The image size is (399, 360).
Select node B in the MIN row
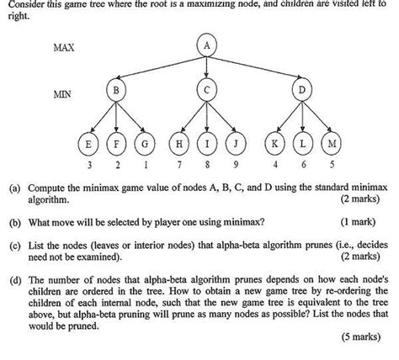click(116, 90)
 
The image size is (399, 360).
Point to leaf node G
click(147, 145)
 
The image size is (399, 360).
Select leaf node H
click(178, 145)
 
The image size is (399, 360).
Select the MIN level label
click(61, 94)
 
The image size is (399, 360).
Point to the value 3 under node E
click(87, 166)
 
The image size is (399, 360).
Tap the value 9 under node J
click(238, 166)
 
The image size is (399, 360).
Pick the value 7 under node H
click(178, 166)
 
